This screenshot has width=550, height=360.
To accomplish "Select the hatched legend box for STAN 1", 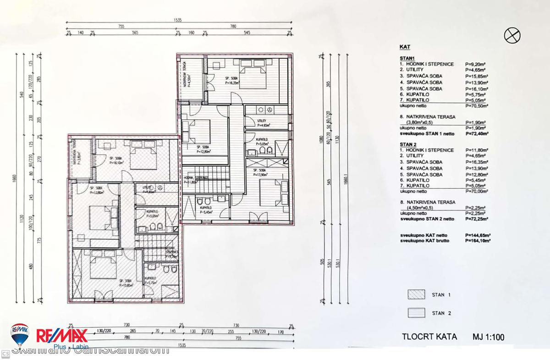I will pyautogui.click(x=415, y=294).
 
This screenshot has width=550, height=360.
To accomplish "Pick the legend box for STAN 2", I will pyautogui.click(x=415, y=313).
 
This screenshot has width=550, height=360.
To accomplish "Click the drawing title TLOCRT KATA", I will pyautogui.click(x=429, y=337).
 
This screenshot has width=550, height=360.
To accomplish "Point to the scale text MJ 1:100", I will pyautogui.click(x=488, y=337).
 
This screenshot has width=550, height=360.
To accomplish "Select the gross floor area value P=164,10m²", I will pyautogui.click(x=477, y=240).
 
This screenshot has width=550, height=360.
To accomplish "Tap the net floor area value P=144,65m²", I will pyautogui.click(x=477, y=235).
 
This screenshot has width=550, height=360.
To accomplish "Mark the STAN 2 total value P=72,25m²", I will pyautogui.click(x=477, y=219).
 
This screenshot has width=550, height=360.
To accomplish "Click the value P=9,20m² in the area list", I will pyautogui.click(x=475, y=64).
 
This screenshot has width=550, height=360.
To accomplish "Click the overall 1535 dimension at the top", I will pyautogui.click(x=178, y=21).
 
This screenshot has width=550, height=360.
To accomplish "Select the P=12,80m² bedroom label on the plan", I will pyautogui.click(x=193, y=150).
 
